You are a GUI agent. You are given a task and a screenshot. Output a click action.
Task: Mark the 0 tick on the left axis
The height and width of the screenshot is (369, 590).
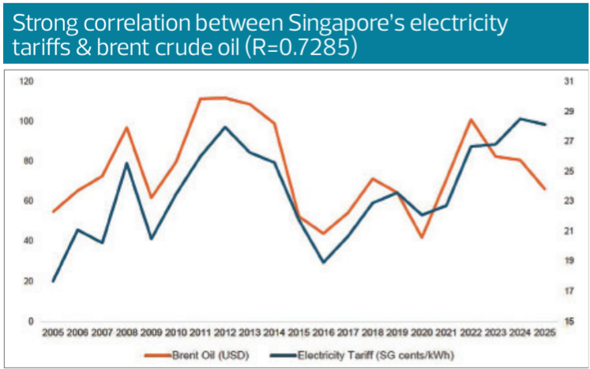tap(31, 321)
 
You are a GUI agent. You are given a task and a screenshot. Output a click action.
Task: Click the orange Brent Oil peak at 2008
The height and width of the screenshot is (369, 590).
tap(127, 127)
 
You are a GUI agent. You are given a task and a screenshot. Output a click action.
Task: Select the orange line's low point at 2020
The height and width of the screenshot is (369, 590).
tap(422, 237)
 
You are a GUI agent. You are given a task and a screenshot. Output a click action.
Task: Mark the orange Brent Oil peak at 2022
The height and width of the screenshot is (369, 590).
tap(471, 120)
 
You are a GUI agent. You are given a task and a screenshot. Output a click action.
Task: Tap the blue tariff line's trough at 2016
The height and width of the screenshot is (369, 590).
tap(323, 262)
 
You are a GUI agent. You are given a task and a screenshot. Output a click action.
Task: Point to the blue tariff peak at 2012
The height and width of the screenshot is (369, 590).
tap(225, 127)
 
